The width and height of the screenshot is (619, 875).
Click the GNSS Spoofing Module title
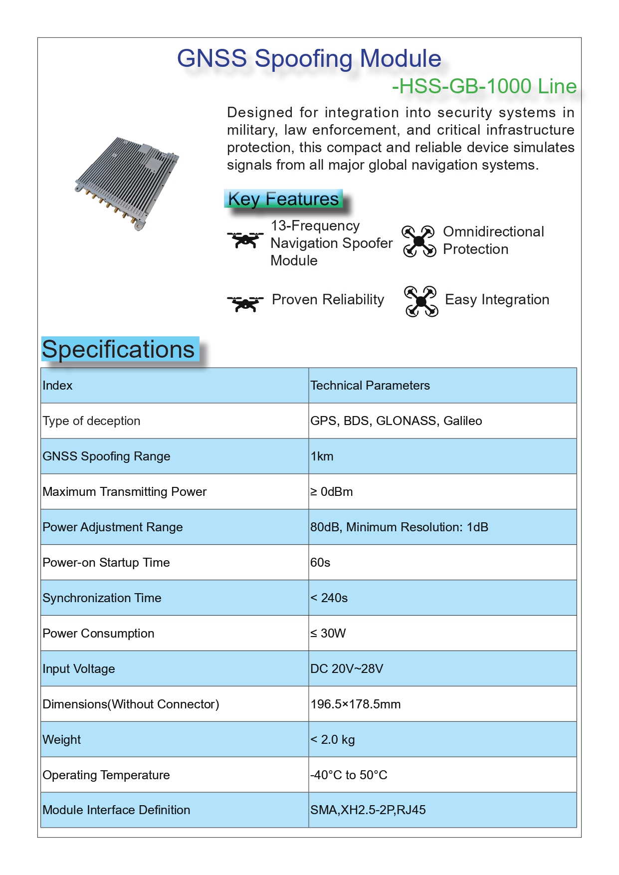coord(309,59)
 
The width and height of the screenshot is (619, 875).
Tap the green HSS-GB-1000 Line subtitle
coord(484,86)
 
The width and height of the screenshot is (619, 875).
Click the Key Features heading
coord(283,199)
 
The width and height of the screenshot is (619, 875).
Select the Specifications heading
coord(119,349)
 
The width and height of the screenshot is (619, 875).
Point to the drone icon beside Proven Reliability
coord(245,303)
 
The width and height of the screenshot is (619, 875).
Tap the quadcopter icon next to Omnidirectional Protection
coord(418,241)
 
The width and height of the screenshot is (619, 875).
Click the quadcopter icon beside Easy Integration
coord(421,301)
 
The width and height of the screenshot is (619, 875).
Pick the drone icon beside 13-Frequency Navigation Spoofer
coord(245,240)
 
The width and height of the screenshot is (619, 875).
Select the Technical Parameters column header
coord(370,386)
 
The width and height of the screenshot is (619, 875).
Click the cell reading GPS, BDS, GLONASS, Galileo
coord(396,421)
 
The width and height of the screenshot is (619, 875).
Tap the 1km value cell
coord(322,456)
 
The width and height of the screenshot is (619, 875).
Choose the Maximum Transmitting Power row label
coord(125,492)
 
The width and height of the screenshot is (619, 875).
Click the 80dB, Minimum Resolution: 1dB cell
coord(399,527)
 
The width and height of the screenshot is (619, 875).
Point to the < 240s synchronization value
coord(329,598)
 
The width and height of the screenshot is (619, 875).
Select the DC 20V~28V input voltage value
coord(347,669)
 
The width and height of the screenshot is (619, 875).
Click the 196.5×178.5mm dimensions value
coord(356,704)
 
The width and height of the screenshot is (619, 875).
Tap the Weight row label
coord(62,740)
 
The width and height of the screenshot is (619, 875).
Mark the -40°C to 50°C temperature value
coord(349,775)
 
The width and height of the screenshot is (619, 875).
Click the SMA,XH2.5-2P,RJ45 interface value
coord(368,810)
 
